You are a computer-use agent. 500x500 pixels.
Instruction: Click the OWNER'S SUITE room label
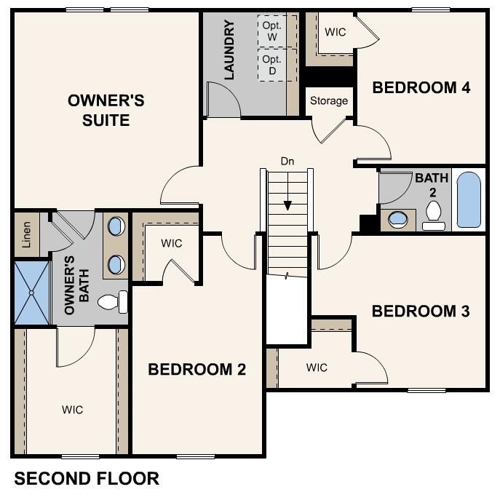(x=106, y=110)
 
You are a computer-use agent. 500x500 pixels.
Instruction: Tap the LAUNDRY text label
(x=229, y=50)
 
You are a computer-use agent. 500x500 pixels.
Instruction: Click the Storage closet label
(x=329, y=101)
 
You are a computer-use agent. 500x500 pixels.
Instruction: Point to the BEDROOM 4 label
(x=421, y=88)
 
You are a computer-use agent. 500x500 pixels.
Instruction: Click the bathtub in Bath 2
(x=469, y=200)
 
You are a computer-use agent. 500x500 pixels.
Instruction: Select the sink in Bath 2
(x=398, y=219)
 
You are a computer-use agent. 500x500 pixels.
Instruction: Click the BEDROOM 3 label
(x=421, y=311)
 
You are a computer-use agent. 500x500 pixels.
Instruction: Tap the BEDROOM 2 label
(x=197, y=370)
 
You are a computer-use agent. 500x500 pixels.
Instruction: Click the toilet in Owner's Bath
(x=113, y=301)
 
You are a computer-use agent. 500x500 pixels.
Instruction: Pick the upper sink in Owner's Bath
(x=116, y=226)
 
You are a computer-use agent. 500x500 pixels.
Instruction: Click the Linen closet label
(x=26, y=234)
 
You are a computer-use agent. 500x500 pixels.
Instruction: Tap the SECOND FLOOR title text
(x=87, y=479)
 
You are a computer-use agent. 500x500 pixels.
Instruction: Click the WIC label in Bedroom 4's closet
(x=335, y=32)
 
